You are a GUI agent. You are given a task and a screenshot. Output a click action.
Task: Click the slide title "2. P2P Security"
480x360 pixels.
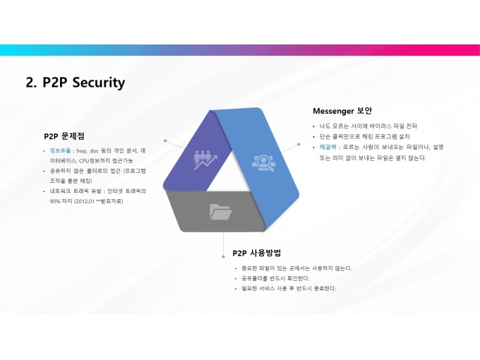[76, 83]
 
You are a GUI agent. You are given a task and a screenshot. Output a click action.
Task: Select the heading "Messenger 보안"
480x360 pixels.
[342, 111]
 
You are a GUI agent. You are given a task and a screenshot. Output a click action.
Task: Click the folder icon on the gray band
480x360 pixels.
[220, 210]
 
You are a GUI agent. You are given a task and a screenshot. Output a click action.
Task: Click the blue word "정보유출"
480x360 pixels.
[59, 151]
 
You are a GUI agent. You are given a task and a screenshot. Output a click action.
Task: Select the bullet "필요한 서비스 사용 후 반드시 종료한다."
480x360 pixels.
[289, 288]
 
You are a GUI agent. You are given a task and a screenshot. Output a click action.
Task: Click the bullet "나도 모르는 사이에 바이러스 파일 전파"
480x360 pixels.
[368, 126]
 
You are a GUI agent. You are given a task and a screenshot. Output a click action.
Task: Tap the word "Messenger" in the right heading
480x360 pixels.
[334, 111]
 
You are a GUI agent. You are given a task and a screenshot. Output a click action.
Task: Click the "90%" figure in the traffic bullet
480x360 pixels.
[56, 201]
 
